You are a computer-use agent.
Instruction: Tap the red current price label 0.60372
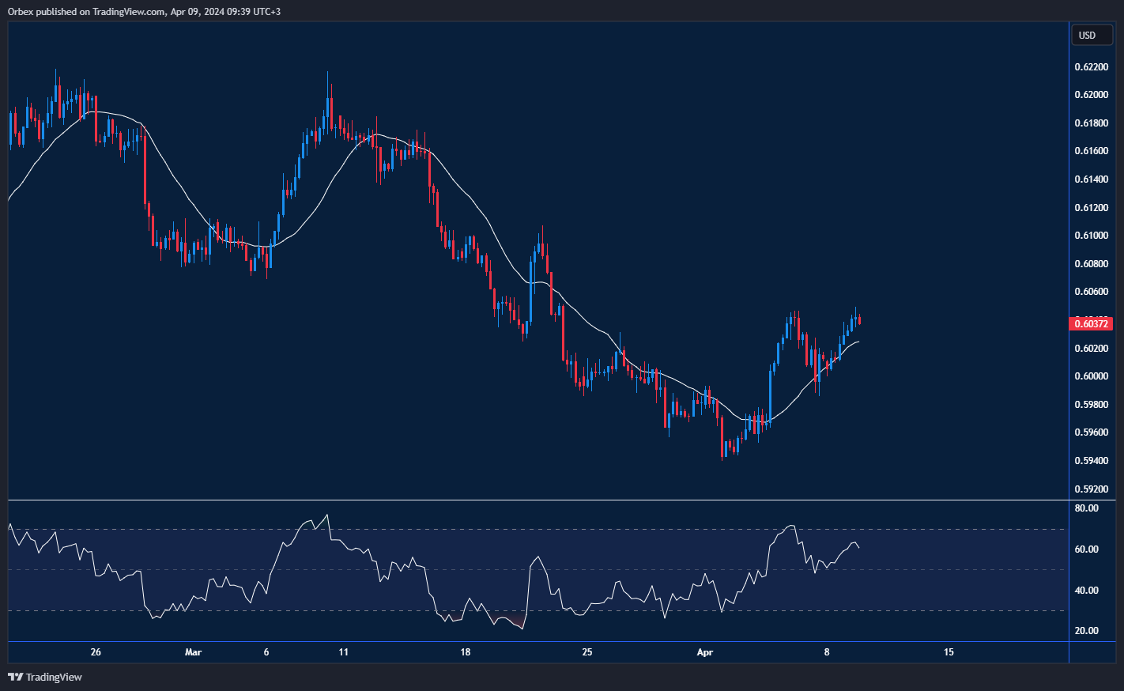pyautogui.click(x=1091, y=323)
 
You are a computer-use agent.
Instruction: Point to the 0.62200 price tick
pyautogui.click(x=1091, y=67)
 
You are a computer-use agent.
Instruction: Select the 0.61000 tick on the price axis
pyautogui.click(x=1091, y=236)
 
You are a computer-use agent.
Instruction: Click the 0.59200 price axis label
pyautogui.click(x=1091, y=489)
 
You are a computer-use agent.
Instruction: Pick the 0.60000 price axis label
pyautogui.click(x=1091, y=376)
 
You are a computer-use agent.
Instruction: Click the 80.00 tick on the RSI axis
pyautogui.click(x=1087, y=508)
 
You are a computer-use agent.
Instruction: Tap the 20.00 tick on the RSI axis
pyautogui.click(x=1087, y=631)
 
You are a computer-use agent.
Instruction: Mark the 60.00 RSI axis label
pyautogui.click(x=1087, y=549)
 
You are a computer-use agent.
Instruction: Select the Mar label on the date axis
pyautogui.click(x=193, y=652)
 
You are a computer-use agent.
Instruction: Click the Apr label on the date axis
pyautogui.click(x=704, y=652)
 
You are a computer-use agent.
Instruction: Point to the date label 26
pyautogui.click(x=96, y=652)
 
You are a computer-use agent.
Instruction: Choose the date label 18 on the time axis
pyautogui.click(x=465, y=652)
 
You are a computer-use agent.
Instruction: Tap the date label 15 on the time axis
pyautogui.click(x=949, y=652)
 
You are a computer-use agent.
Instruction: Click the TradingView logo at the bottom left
pyautogui.click(x=45, y=677)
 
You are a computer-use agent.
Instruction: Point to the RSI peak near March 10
pyautogui.click(x=327, y=515)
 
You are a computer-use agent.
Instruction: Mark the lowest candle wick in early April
pyautogui.click(x=722, y=458)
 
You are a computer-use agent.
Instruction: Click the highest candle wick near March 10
pyautogui.click(x=328, y=73)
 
